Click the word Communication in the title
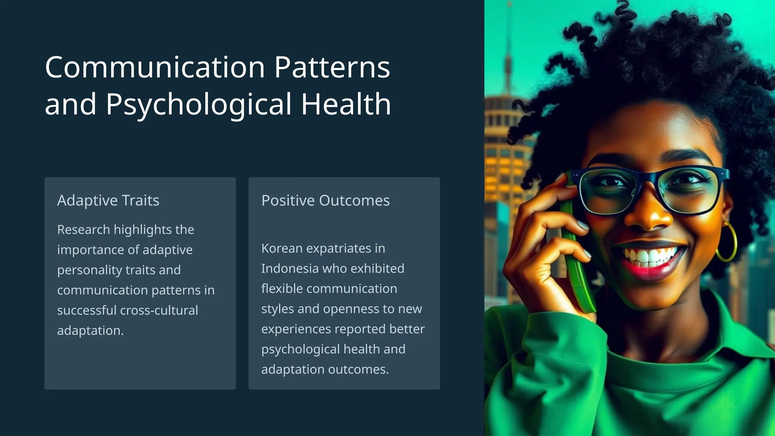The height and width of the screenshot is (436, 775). (155, 67)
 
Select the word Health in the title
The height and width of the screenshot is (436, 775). (346, 104)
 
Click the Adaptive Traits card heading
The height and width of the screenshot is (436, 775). (108, 200)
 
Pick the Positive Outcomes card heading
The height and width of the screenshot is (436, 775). (325, 200)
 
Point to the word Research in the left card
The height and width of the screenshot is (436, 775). (83, 229)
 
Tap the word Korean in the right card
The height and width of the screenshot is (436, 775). (282, 248)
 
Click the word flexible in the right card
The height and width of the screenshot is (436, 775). (282, 288)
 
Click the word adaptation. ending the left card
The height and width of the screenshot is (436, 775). (90, 330)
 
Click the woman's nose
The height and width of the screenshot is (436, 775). (649, 216)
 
